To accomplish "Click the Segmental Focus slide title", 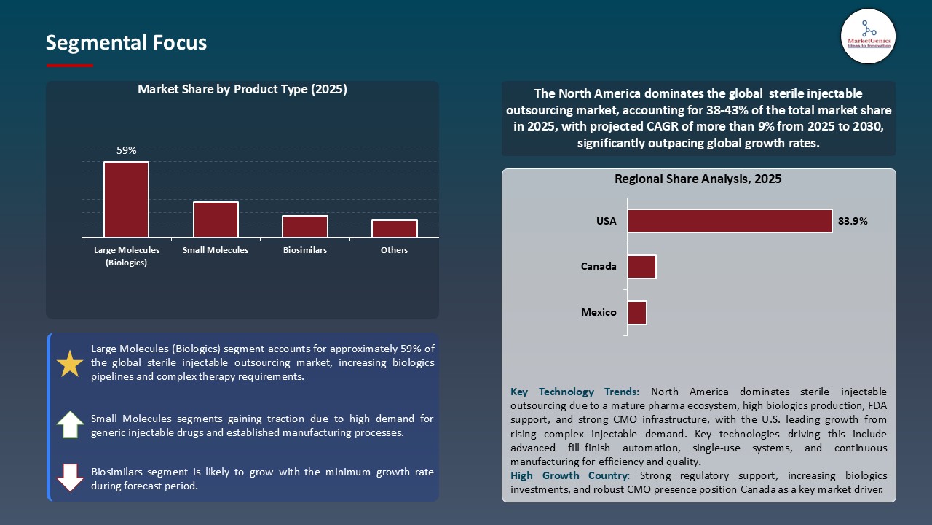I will click(126, 43).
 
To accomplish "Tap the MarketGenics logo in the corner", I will click(868, 36).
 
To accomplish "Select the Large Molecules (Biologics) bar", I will click(126, 199).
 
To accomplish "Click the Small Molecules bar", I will click(216, 219).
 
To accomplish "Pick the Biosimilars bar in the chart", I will click(305, 226).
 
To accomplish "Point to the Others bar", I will click(395, 228).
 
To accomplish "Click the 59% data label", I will click(126, 150).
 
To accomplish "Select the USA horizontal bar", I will click(730, 221).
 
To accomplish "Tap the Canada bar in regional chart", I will click(641, 267).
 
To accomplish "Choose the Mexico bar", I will click(637, 313).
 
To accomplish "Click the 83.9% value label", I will click(853, 221).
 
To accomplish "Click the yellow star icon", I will click(70, 364).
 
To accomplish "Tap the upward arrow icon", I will click(70, 424).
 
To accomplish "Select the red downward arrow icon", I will click(70, 478).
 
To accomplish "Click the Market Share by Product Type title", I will click(242, 90).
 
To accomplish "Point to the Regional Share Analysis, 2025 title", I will click(698, 179).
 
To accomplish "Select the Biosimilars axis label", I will click(305, 250).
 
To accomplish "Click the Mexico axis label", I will click(599, 313).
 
